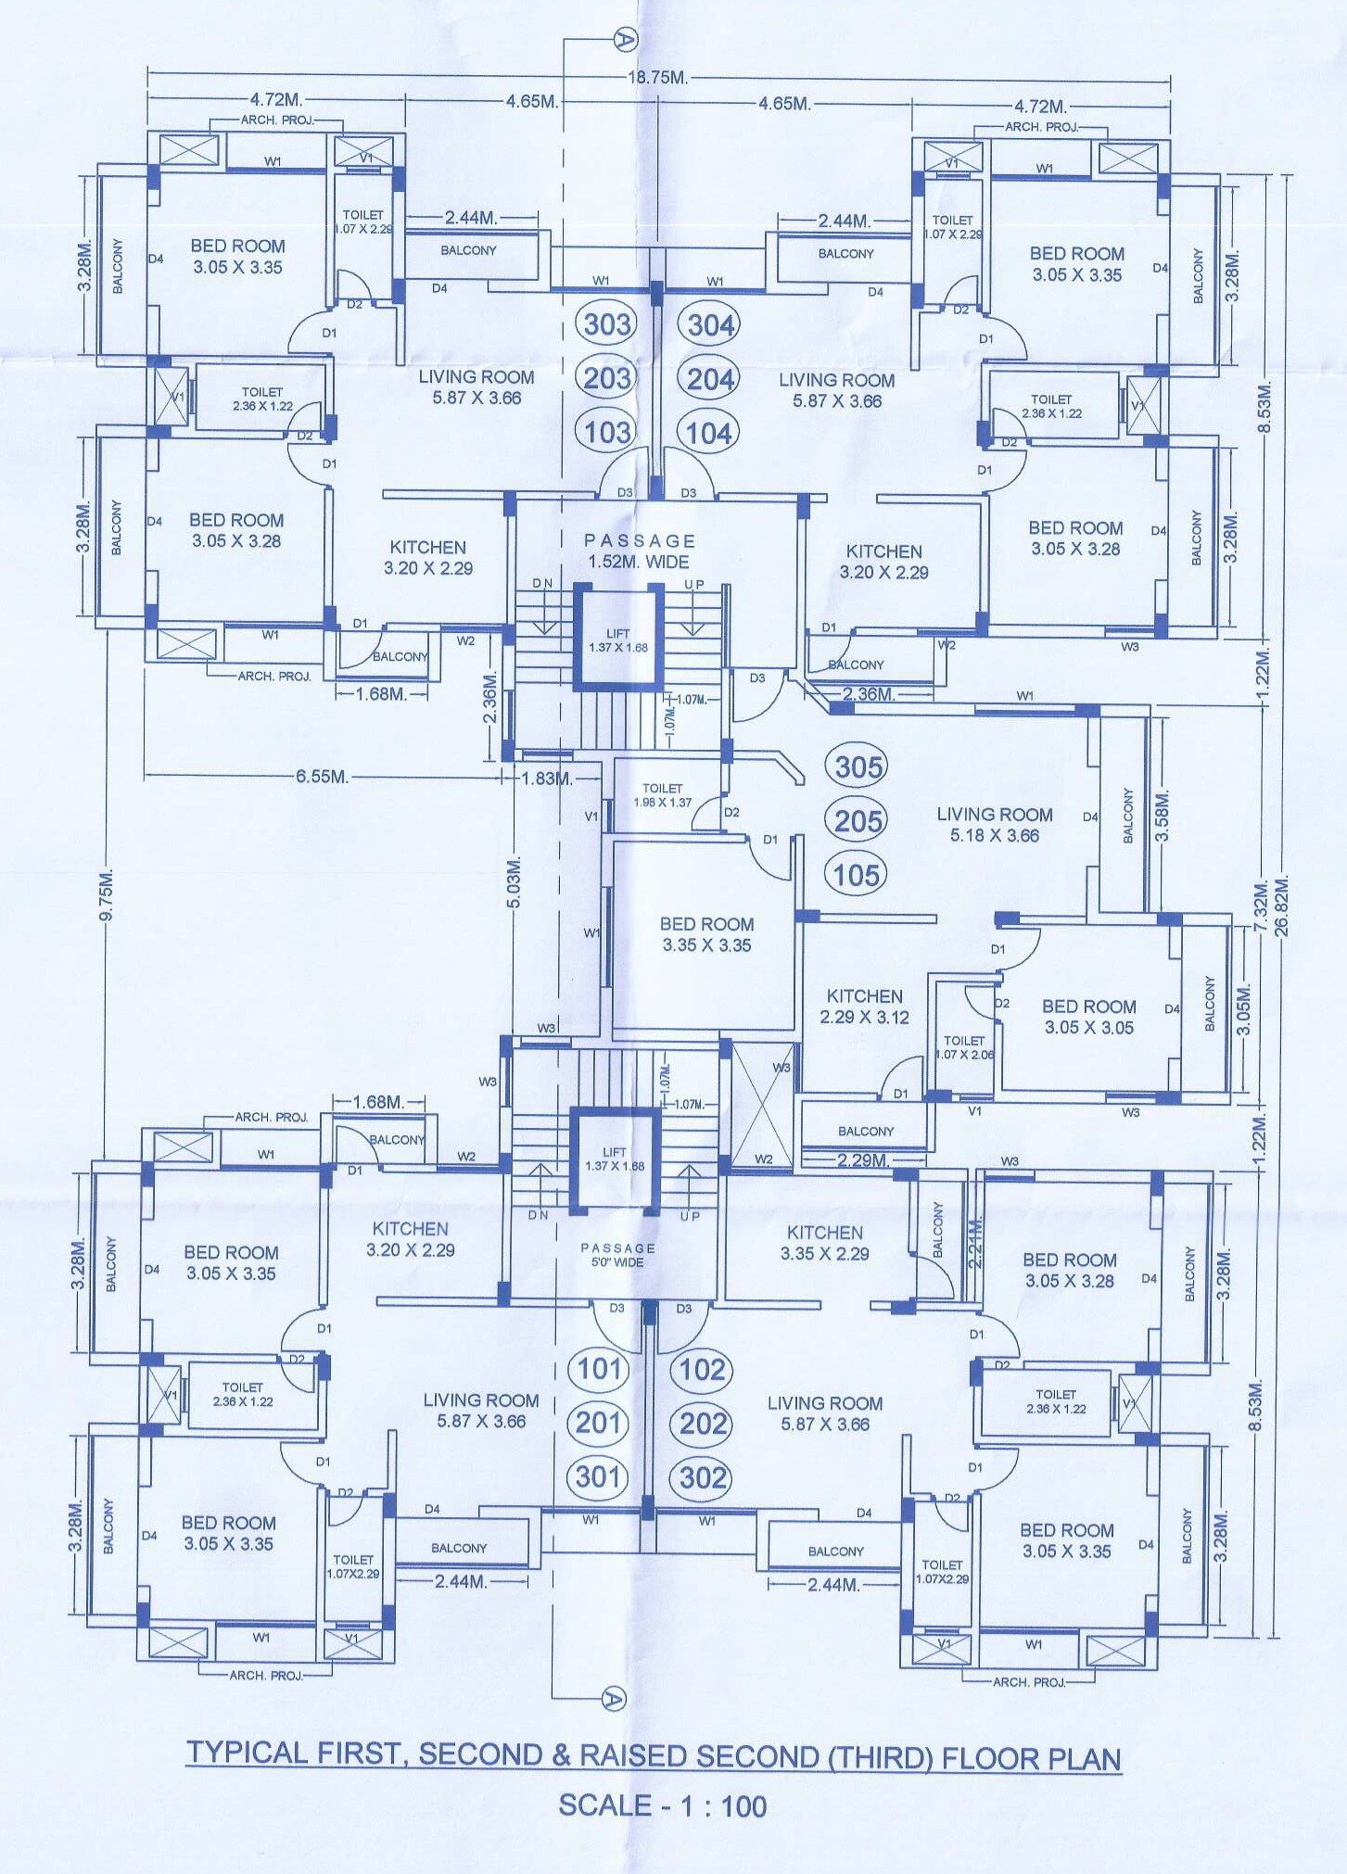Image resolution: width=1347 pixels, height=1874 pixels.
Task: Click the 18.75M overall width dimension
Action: (x=657, y=78)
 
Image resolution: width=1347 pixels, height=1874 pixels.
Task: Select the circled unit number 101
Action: (x=599, y=1369)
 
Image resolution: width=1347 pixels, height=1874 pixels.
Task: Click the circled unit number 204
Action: (x=710, y=379)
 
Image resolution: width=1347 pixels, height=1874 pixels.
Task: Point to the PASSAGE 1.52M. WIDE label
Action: (x=639, y=551)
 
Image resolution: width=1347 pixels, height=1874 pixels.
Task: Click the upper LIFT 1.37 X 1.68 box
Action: (x=618, y=640)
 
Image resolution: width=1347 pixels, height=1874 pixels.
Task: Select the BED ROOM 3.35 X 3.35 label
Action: (x=706, y=934)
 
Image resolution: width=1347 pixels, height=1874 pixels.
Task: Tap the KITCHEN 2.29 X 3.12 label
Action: (x=864, y=1007)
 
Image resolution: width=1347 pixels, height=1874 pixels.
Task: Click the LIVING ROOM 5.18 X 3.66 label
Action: (x=994, y=825)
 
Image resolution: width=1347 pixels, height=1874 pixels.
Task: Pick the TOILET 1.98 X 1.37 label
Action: (x=662, y=795)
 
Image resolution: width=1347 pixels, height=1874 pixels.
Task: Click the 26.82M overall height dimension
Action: (x=1282, y=905)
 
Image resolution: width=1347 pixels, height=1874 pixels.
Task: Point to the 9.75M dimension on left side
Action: (x=107, y=895)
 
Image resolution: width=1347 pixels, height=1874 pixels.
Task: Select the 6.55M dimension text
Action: (x=322, y=777)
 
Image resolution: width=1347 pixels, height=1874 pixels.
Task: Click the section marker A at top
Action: (x=626, y=39)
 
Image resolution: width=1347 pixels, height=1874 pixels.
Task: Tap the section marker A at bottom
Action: (x=614, y=1699)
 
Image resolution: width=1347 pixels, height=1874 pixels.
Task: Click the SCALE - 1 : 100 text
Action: (x=662, y=1806)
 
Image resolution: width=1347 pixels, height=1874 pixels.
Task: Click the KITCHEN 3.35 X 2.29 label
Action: (x=824, y=1243)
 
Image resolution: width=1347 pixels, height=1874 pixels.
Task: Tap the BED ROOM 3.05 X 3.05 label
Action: (x=1088, y=1017)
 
